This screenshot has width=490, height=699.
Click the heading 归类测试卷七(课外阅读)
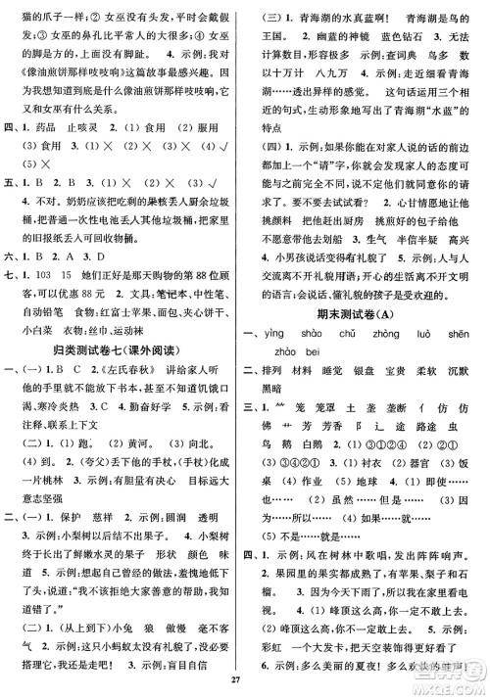point(122,350)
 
